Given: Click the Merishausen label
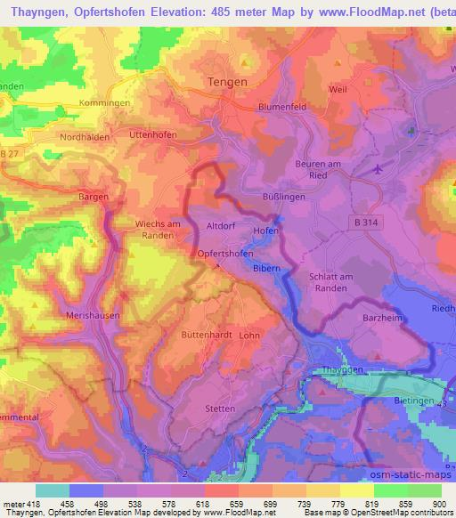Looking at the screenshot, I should [x=93, y=315].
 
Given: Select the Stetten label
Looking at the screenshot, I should [x=220, y=409].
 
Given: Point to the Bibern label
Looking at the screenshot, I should [x=267, y=267].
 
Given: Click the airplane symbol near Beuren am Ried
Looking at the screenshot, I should [x=381, y=166].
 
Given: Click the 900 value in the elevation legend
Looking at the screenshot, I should [x=437, y=503].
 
